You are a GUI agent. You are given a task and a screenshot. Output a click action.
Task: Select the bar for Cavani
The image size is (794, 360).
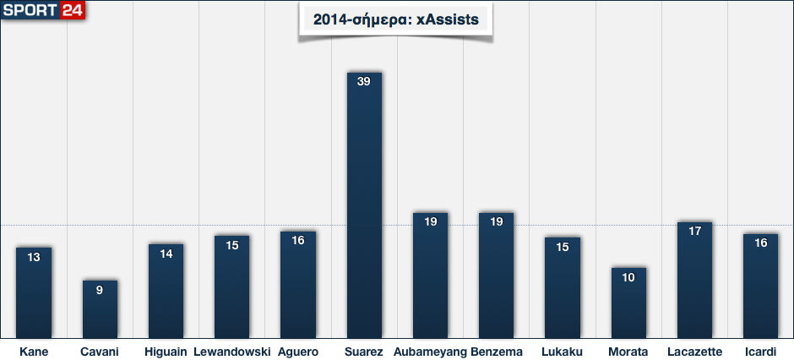pyautogui.click(x=100, y=309)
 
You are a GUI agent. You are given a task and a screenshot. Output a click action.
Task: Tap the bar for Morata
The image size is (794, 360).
pyautogui.click(x=628, y=303)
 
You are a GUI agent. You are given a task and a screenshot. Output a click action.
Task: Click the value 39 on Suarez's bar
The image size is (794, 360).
pyautogui.click(x=364, y=81)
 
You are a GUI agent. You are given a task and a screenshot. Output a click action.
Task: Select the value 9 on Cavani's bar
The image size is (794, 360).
pyautogui.click(x=100, y=290)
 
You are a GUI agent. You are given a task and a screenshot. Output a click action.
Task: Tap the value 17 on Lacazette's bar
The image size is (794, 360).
pyautogui.click(x=694, y=231)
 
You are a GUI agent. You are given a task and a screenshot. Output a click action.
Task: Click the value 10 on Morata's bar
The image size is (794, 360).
pyautogui.click(x=628, y=277)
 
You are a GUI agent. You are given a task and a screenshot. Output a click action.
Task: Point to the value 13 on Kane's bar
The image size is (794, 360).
pyautogui.click(x=34, y=257)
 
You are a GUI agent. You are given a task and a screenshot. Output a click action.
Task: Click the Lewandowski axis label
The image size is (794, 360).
pyautogui.click(x=231, y=352)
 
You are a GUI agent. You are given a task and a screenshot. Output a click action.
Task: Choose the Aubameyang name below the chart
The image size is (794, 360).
pyautogui.click(x=430, y=352)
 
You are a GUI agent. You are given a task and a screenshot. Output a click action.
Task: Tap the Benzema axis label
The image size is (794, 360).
pyautogui.click(x=497, y=352)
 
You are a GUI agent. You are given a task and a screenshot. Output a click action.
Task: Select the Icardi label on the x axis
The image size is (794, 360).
pyautogui.click(x=761, y=352)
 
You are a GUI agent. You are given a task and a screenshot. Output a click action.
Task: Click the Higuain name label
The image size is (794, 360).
pyautogui.click(x=166, y=352)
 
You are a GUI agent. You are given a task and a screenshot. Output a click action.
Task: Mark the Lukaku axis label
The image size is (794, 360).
pyautogui.click(x=563, y=352)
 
